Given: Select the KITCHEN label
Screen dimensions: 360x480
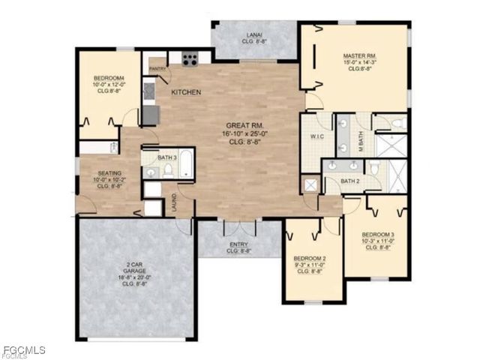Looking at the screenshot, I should pos(186,92).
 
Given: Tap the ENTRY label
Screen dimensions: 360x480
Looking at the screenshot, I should pos(238,244).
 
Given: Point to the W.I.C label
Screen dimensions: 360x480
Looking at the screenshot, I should pos(316,136).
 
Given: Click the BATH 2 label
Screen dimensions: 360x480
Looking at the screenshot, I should pos(349,181).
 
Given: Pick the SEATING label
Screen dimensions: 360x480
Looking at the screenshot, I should pos(109,174).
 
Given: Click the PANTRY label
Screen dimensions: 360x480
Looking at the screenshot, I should pos(157,69).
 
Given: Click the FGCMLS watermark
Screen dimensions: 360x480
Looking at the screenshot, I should pos(24,350).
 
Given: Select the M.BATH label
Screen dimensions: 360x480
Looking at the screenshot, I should pos(361,140).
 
